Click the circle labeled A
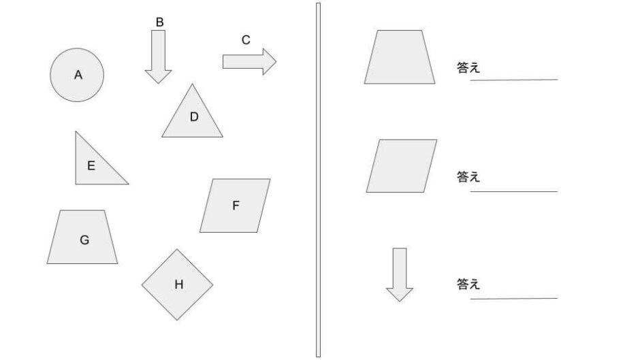tap(77, 75)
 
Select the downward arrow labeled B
tap(159, 56)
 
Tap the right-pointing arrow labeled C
tap(249, 62)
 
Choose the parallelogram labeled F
tap(235, 206)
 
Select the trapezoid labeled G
tap(82, 237)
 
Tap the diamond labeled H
tap(177, 284)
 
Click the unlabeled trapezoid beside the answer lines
tap(400, 57)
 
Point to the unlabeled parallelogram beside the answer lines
tap(402, 166)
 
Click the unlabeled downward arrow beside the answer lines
tap(400, 275)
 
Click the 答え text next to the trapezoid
tap(468, 67)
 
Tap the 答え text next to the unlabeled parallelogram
tap(468, 177)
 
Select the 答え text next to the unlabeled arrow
tap(468, 284)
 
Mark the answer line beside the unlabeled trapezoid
tap(514, 80)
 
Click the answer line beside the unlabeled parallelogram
tap(514, 191)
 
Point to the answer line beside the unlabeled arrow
tap(514, 299)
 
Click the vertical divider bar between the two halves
tap(319, 180)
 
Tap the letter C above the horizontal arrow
tap(246, 40)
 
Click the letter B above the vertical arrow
tap(160, 22)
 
